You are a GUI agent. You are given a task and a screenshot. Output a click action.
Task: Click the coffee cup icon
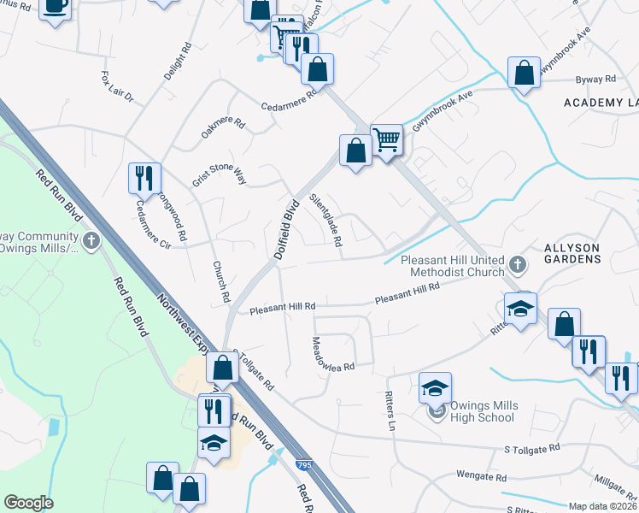[x=56, y=7]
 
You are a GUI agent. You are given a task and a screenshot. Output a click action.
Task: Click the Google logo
[x=28, y=503]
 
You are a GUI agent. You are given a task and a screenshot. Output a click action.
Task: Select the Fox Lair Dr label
[x=118, y=86]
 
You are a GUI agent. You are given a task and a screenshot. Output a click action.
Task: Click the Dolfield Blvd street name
[x=286, y=229]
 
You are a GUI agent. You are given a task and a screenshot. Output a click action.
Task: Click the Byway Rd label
[x=596, y=80]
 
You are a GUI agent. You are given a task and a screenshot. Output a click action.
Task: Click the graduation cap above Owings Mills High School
[x=435, y=388]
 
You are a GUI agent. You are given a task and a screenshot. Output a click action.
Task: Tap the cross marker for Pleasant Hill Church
[x=516, y=263]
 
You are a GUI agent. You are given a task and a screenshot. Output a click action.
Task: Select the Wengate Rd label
[x=482, y=478]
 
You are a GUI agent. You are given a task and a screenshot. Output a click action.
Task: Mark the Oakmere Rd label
[x=222, y=130]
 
